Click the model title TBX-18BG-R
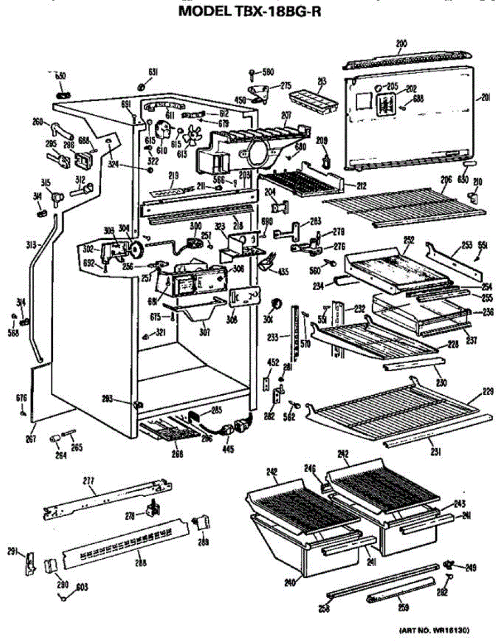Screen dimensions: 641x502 250,11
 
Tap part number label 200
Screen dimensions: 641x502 401,44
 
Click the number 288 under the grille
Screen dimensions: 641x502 140,562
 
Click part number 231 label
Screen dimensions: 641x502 436,452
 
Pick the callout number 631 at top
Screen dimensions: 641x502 153,73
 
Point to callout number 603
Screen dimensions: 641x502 82,588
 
